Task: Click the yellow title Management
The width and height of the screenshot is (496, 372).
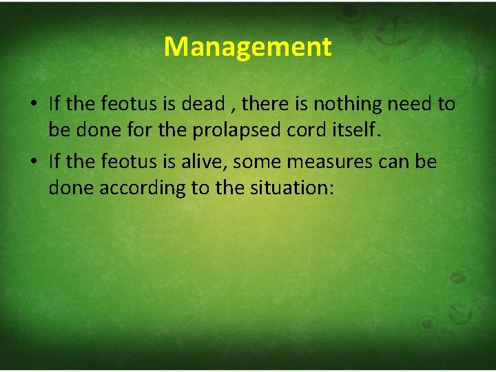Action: point(248,47)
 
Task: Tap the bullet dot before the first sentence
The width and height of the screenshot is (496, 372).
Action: point(34,105)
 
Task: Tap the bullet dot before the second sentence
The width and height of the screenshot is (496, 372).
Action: point(34,163)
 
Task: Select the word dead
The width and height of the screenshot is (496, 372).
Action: point(203,104)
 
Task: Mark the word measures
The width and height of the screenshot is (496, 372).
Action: point(327,162)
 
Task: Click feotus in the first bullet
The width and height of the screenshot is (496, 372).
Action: point(129,104)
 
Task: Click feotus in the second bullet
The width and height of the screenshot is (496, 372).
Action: point(129,162)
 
